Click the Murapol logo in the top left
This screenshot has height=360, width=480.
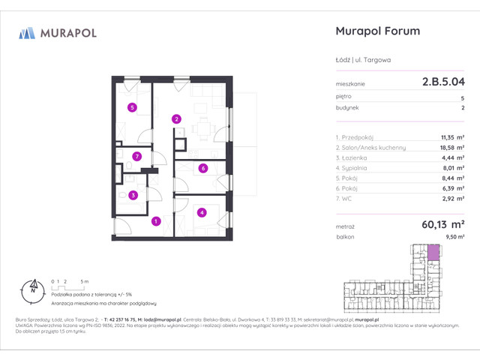pos(57,33)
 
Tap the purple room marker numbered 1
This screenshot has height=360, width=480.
pos(155,221)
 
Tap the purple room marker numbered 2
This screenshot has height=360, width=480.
pos(176,118)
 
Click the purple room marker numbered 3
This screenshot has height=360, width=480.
pos(133,196)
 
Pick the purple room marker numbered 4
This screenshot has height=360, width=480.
pos(202,212)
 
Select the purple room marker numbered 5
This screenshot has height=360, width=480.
pos(132,107)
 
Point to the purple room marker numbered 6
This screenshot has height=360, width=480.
pos(203,169)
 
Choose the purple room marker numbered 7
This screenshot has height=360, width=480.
pos(136,157)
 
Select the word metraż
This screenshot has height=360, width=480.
pos(346,224)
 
